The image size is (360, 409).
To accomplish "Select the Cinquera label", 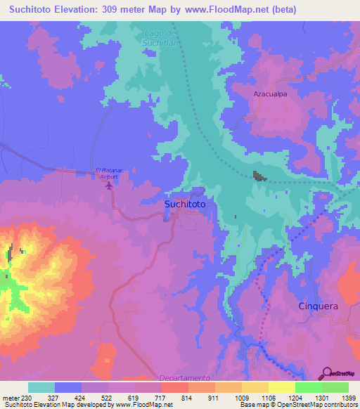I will (x=319, y=306).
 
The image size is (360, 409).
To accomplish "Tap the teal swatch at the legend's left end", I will (x=41, y=387).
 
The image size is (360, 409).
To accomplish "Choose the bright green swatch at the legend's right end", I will (x=335, y=387).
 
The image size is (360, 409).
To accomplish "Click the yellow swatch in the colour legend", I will (x=281, y=387).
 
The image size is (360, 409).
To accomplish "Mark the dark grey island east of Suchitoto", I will (x=260, y=176).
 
